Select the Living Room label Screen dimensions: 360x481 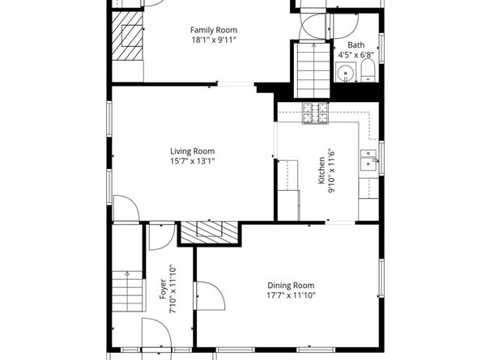point(192,150)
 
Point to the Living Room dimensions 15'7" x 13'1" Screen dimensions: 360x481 point(192,161)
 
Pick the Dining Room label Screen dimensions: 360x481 point(291,285)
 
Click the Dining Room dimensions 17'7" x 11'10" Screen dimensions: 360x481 point(291,296)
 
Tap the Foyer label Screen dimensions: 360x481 point(163,289)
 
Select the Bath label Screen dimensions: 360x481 point(355,45)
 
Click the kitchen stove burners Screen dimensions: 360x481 point(315,114)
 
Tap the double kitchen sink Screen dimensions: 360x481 point(371,160)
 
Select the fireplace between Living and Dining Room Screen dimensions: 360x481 point(210,233)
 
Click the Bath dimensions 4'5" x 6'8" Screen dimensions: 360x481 point(355,56)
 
